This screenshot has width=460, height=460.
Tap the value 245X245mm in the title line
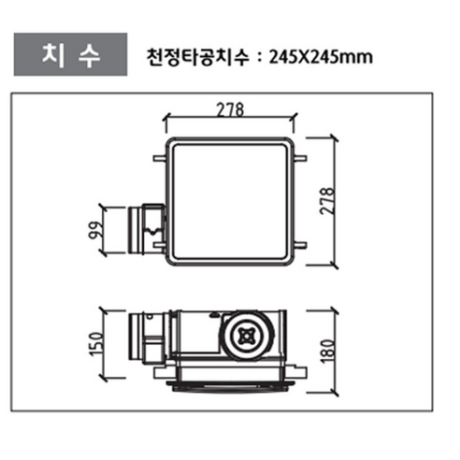[321, 57]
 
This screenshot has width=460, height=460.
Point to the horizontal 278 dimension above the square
[231, 108]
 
